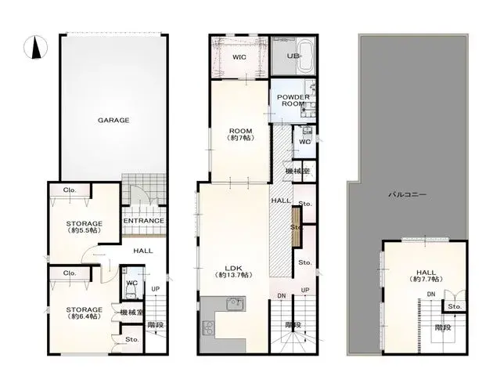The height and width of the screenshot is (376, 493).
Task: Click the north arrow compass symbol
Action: click(x=34, y=48)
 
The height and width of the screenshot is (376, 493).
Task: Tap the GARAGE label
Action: click(x=113, y=120)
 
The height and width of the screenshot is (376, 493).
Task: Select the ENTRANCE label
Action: click(x=145, y=221)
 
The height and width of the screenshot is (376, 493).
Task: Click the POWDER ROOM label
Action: click(x=292, y=100)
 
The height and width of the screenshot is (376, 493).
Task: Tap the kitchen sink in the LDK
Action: click(x=232, y=305)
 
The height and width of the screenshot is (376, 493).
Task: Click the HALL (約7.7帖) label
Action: click(x=425, y=276)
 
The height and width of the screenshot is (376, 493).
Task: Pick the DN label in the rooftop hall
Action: click(x=430, y=294)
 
